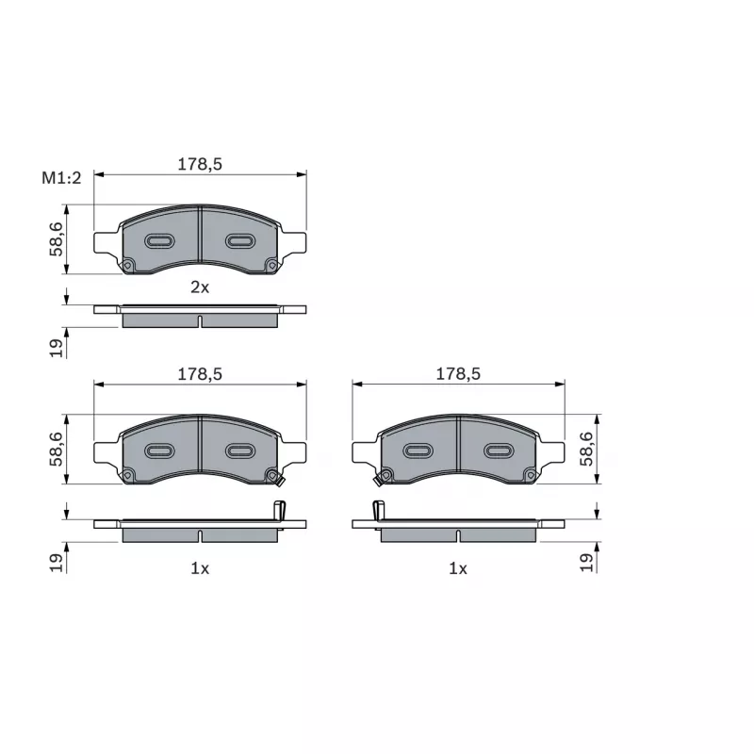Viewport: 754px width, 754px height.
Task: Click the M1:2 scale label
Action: pos(61,178)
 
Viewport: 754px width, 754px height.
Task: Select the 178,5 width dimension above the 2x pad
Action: pos(200,164)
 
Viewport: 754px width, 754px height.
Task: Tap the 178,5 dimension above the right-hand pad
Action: pos(458,374)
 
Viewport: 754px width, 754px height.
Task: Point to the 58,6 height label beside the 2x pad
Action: pos(57,239)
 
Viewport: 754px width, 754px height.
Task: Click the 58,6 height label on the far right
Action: pos(586,449)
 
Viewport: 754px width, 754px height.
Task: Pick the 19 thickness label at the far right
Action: pos(586,563)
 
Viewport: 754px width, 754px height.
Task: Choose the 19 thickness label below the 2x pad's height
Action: pos(57,348)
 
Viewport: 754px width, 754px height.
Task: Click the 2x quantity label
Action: pos(200,287)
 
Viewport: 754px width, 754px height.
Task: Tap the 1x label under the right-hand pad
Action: pos(458,569)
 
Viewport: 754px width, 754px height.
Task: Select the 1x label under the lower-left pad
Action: pos(200,569)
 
